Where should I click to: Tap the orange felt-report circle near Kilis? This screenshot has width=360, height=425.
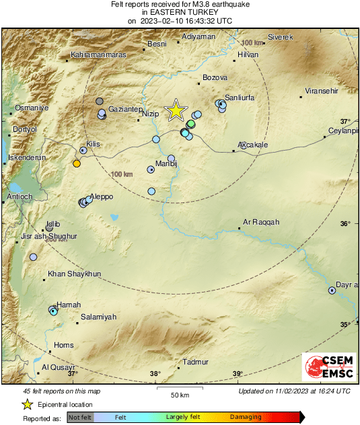point(77,163)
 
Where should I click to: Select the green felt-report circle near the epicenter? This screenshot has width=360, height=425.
point(191,124)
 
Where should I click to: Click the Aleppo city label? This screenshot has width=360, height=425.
point(102,196)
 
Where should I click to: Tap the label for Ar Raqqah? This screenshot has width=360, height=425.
point(260,222)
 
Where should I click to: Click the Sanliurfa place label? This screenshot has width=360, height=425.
point(240,98)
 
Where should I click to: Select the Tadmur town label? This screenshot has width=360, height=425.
point(196,362)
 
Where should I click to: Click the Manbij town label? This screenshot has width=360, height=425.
point(166,163)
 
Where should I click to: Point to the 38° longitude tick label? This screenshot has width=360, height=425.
point(155,374)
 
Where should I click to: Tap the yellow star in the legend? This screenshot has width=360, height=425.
point(28,404)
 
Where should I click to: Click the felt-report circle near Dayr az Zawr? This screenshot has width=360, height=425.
point(332,291)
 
